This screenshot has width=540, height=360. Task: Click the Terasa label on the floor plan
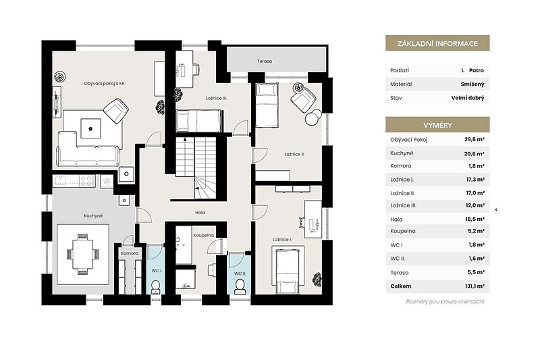(x=264, y=61)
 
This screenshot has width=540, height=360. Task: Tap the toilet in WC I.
(x=156, y=287)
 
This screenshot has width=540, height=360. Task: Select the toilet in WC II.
(x=240, y=286)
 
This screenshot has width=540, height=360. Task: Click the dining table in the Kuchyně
(x=82, y=254)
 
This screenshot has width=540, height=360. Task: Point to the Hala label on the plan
(x=200, y=213)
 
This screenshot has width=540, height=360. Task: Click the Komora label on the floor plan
(x=130, y=253)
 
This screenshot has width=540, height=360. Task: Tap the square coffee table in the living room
(x=91, y=128)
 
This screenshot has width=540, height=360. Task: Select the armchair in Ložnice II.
(x=303, y=97)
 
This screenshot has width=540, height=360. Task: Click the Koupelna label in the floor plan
(x=204, y=235)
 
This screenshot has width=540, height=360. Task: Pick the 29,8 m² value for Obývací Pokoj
(x=475, y=140)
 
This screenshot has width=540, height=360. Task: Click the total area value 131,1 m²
(x=475, y=286)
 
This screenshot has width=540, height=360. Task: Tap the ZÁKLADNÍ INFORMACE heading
(x=437, y=44)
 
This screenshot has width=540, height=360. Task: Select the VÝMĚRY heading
(x=437, y=125)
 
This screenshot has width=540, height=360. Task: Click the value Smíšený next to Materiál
(x=473, y=84)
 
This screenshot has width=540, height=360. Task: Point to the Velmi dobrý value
(x=468, y=98)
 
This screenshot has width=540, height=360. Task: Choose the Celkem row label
(x=401, y=286)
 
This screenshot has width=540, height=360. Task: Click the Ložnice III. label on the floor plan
(x=216, y=98)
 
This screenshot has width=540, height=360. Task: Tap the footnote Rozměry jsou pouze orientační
(x=445, y=302)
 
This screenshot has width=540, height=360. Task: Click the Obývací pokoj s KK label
(x=105, y=83)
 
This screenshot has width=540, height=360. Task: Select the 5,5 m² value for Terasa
(x=476, y=272)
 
